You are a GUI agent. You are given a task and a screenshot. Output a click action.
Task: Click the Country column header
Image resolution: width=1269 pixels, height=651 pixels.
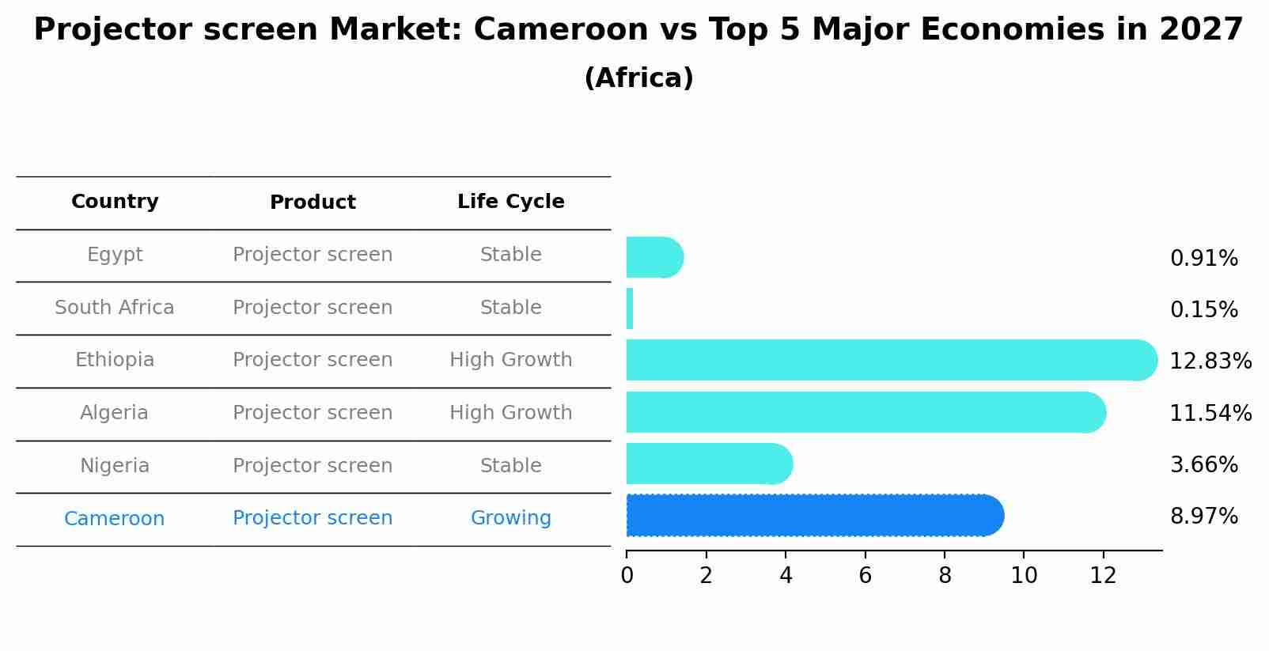point(115,202)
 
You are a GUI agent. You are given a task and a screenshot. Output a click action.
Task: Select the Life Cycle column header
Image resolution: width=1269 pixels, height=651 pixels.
point(510,202)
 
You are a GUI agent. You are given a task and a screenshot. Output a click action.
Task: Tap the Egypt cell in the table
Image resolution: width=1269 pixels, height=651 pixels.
point(115,255)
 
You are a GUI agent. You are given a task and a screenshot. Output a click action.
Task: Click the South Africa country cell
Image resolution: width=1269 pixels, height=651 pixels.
point(115,308)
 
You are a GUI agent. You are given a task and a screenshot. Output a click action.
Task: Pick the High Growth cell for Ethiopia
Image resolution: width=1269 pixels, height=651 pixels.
point(510,360)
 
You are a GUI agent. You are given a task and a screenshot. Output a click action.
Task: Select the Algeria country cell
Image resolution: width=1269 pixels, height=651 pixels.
point(115,413)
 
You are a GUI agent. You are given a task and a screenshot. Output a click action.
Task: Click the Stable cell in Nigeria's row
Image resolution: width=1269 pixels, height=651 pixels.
point(510,466)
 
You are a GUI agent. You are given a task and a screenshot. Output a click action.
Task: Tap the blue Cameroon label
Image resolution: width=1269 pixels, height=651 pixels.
point(115,519)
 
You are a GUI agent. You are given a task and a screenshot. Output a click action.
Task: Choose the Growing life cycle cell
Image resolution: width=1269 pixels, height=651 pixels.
point(510,518)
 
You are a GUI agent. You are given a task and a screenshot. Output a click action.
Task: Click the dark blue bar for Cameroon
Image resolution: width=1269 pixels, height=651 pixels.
point(815,516)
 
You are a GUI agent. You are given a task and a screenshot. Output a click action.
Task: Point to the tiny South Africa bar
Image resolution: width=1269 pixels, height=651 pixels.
point(630,308)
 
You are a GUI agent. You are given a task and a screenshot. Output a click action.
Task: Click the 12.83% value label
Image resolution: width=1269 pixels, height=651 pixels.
point(1210,361)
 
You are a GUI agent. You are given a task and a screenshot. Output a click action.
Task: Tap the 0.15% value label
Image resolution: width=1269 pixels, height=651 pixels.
point(1203,310)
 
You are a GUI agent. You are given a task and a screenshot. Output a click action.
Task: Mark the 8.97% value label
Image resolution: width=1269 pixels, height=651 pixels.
point(1203,517)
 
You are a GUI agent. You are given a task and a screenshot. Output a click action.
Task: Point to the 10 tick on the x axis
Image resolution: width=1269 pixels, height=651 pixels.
point(1024,576)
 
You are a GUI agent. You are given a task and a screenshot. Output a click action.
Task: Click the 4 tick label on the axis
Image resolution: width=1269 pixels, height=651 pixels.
point(786,576)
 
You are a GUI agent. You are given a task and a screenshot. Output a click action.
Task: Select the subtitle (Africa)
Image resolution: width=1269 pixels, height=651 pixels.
point(638,78)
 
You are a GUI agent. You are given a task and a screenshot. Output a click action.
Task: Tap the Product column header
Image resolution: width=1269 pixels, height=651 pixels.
point(313,202)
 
